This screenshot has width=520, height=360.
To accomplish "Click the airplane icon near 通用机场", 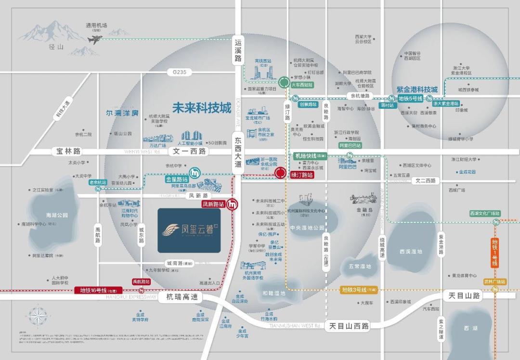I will click(95, 39).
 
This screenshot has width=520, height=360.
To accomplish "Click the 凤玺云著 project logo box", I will click(189, 230).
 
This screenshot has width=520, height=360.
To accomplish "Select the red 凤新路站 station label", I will click(212, 204).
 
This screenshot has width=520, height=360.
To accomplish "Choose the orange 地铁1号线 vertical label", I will click(494, 253).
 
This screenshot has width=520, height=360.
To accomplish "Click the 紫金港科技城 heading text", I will click(417, 90).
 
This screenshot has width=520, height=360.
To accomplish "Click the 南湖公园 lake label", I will click(57, 215).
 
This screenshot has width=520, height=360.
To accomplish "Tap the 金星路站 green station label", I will click(173, 179).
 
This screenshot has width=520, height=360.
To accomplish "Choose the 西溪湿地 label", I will click(410, 251).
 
